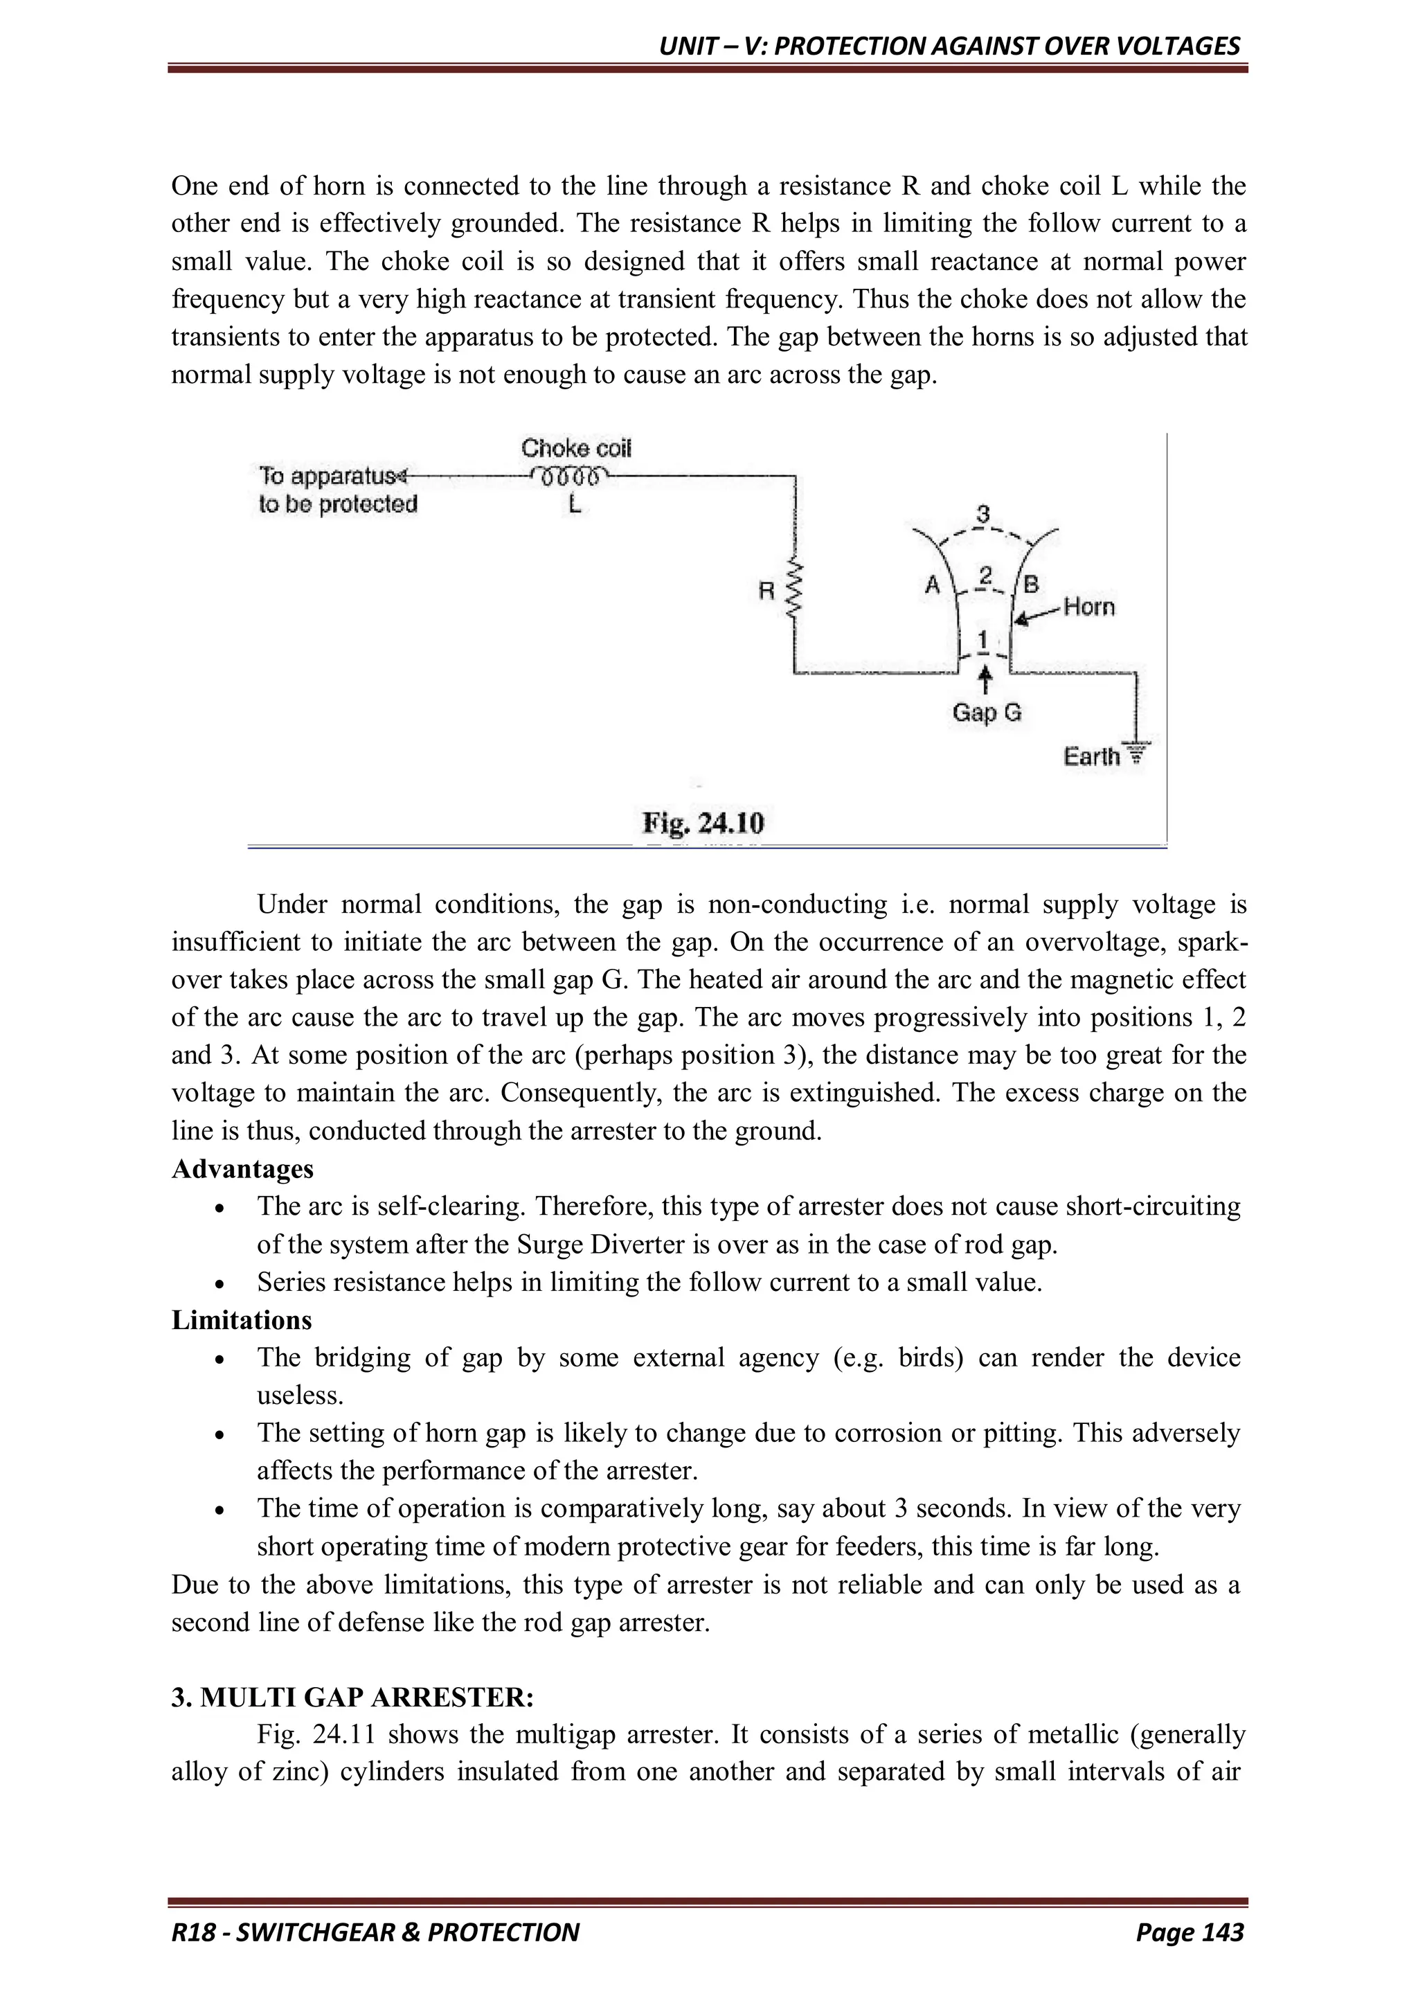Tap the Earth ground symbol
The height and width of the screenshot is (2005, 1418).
pos(1136,753)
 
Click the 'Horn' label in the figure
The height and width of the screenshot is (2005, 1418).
pos(1089,607)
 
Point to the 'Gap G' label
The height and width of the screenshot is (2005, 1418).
pos(987,713)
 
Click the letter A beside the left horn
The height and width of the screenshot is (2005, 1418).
pos(933,585)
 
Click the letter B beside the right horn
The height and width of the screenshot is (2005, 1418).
pos(1030,585)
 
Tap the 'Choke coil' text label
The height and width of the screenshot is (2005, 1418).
pos(576,448)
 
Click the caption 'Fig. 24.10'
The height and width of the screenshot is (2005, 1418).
pos(703,823)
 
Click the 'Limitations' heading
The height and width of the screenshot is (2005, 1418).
pos(242,1319)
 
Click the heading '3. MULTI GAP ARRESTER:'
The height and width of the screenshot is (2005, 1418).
pos(352,1697)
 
